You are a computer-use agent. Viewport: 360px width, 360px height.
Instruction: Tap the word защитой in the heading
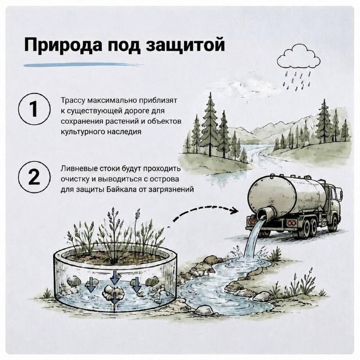click(185, 45)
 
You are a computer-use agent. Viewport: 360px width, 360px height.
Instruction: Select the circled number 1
click(35, 108)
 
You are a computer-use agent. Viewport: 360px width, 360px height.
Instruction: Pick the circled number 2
click(35, 177)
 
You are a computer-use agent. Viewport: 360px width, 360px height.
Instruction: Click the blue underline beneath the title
click(84, 65)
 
